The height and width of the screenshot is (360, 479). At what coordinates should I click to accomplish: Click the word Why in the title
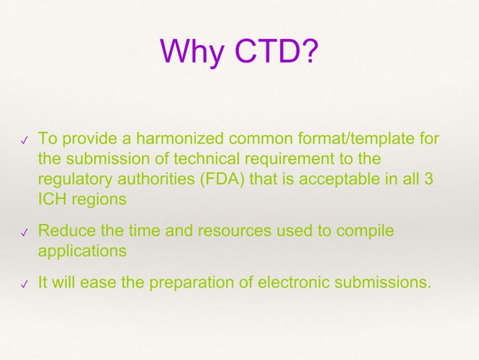pos(192,53)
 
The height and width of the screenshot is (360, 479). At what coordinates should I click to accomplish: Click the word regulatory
pos(73,180)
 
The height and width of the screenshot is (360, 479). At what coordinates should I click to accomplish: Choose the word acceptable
pos(326,180)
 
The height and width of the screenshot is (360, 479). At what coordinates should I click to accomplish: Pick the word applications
pos(82,252)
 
